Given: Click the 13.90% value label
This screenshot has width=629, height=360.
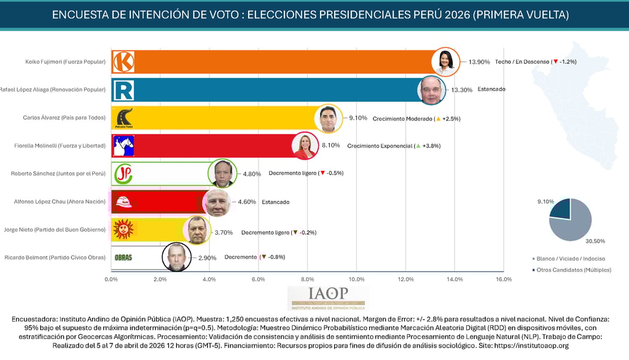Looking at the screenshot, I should pos(479,62).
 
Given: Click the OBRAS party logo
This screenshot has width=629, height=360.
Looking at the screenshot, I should pos(123,258).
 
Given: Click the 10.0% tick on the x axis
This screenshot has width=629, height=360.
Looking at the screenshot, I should pos(356,280).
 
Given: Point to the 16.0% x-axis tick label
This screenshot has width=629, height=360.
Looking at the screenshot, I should pos(503,280).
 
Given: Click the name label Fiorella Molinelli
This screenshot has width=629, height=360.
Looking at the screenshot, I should pos(60,146).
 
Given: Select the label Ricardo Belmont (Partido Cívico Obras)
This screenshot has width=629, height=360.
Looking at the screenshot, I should pos(55,257).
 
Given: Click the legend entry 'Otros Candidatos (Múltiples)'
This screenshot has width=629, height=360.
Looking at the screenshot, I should pos(574,270).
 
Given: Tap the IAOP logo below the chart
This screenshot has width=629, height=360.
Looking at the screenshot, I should pos(328,297).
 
